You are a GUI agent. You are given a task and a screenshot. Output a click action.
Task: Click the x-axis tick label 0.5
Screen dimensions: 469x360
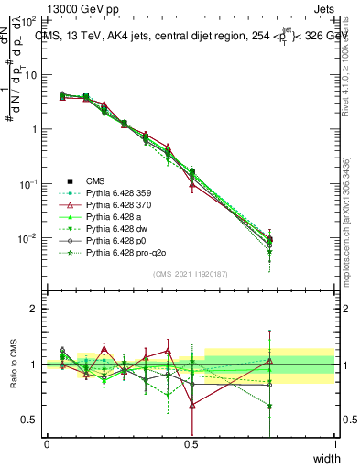pyautogui.click(x=191, y=444)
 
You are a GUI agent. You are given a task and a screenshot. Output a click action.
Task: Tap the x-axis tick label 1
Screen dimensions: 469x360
pyautogui.click(x=334, y=444)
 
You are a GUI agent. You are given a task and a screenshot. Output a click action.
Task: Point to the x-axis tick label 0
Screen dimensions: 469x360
pyautogui.click(x=47, y=444)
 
